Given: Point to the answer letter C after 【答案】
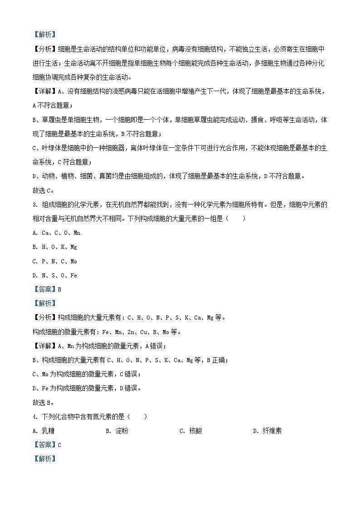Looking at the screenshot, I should click(x=59, y=445).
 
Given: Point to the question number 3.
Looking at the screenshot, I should click(x=35, y=204).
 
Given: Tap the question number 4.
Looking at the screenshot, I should click(x=35, y=417).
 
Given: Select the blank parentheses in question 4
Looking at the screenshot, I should click(x=137, y=417).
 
